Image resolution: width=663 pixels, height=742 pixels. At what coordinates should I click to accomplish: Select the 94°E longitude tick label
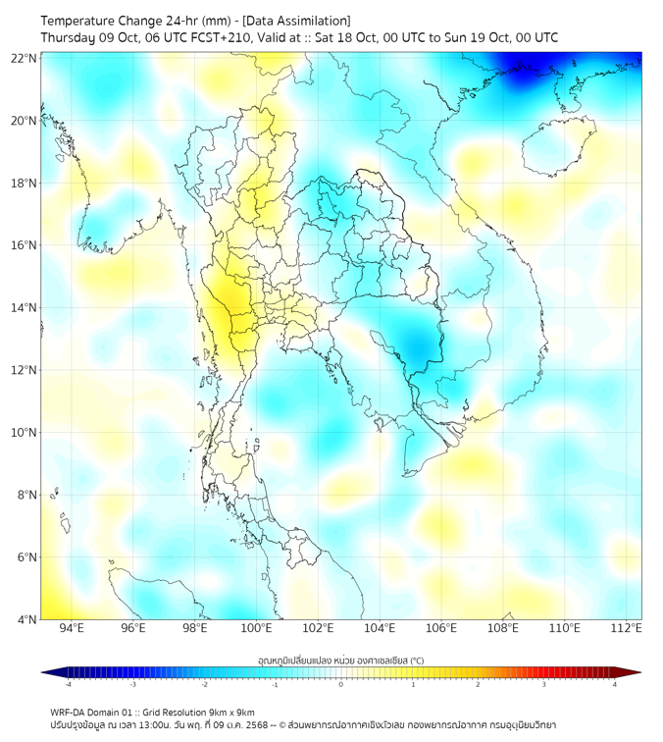[x=72, y=628]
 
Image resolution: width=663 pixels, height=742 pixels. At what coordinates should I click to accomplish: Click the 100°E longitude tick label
[x=257, y=628]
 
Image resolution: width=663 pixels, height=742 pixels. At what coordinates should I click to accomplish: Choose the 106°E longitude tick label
[x=441, y=628]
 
